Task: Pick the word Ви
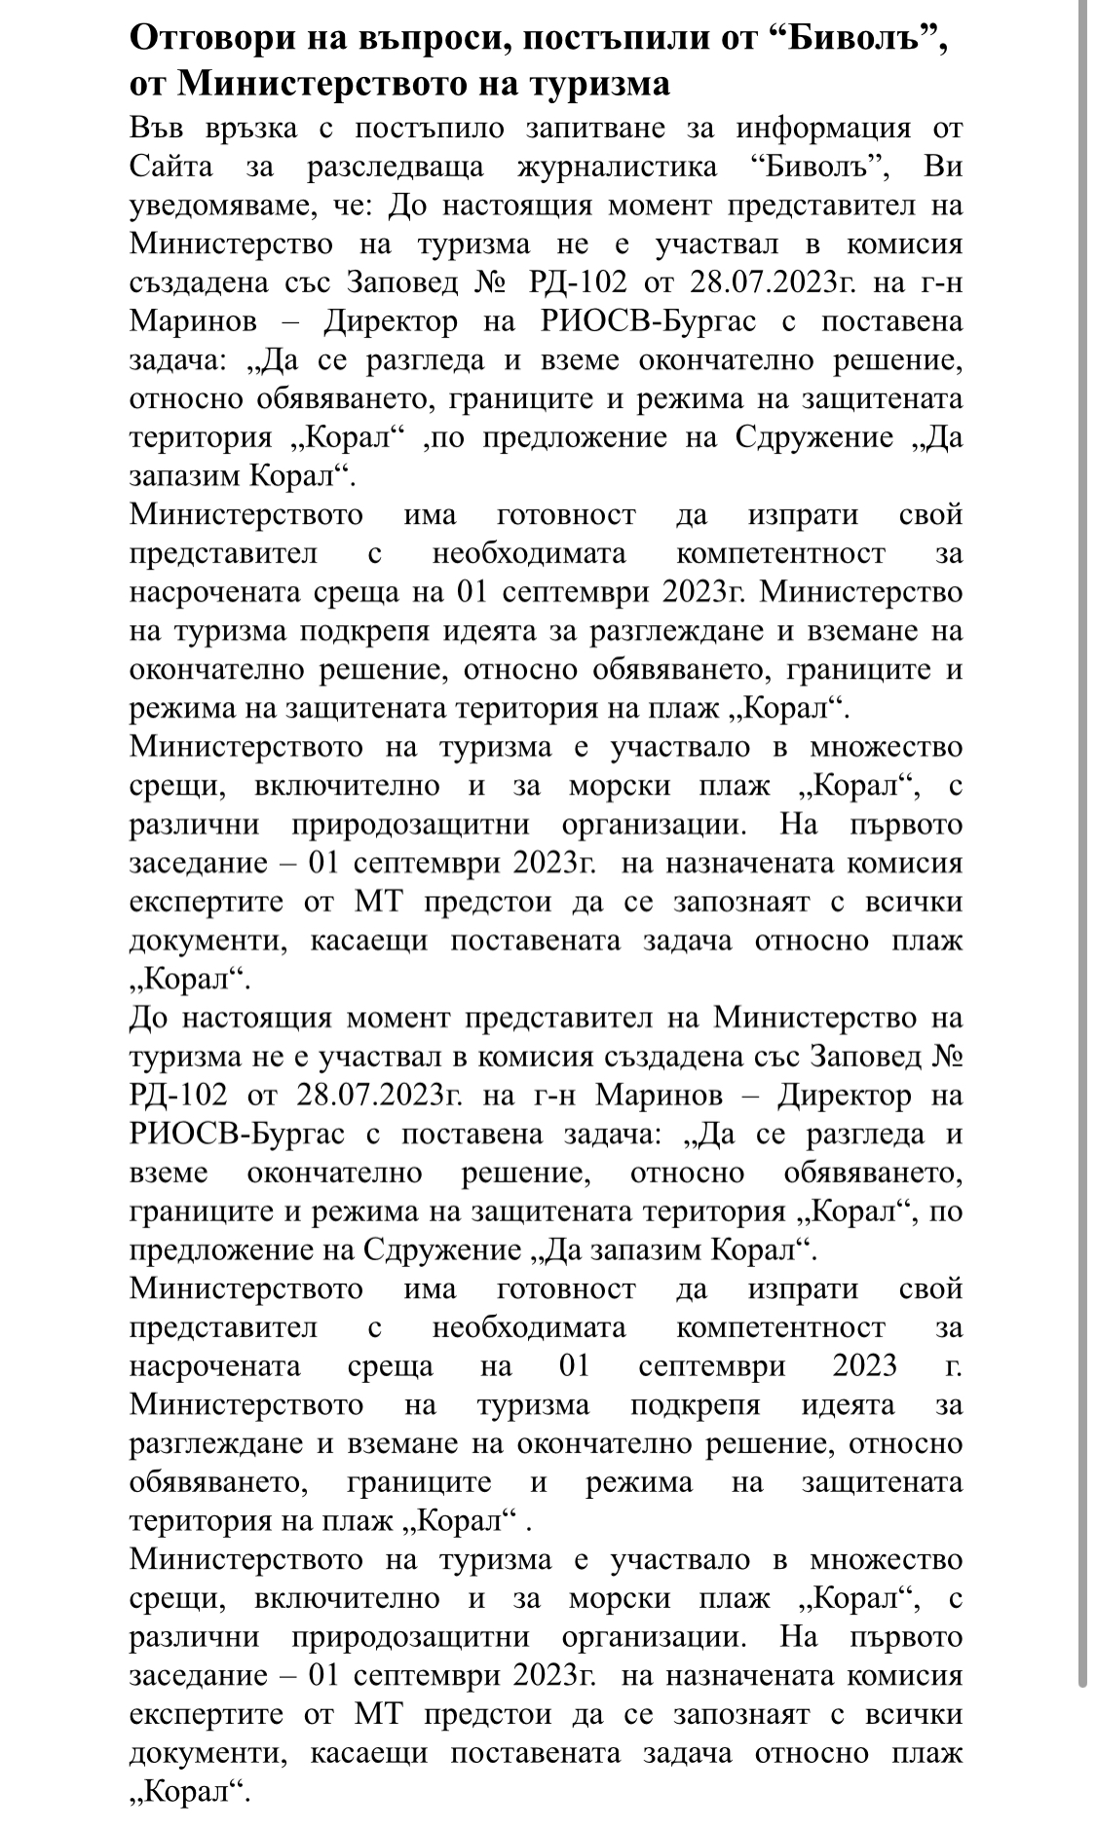tap(943, 167)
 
